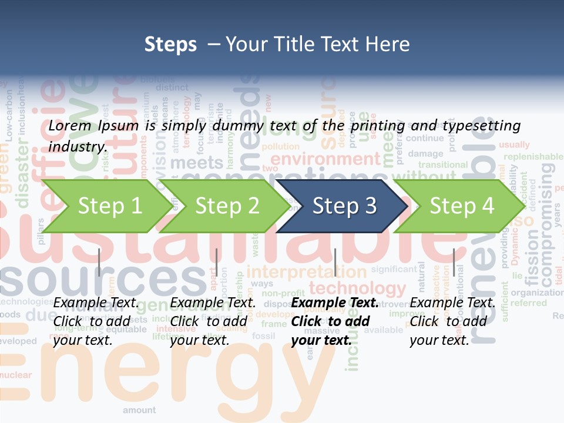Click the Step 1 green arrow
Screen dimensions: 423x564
[106, 206]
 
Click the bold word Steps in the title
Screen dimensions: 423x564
[170, 44]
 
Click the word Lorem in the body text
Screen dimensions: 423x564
[70, 126]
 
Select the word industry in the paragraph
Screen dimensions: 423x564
[78, 147]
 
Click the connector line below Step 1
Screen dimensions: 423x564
[99, 262]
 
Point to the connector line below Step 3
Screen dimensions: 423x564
[335, 262]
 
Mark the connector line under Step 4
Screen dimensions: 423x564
[454, 262]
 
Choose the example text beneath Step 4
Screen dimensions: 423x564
[452, 321]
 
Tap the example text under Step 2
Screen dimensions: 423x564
[213, 321]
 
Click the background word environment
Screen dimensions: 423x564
[325, 159]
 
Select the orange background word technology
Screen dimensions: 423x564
[357, 288]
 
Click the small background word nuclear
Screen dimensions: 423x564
[16, 375]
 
